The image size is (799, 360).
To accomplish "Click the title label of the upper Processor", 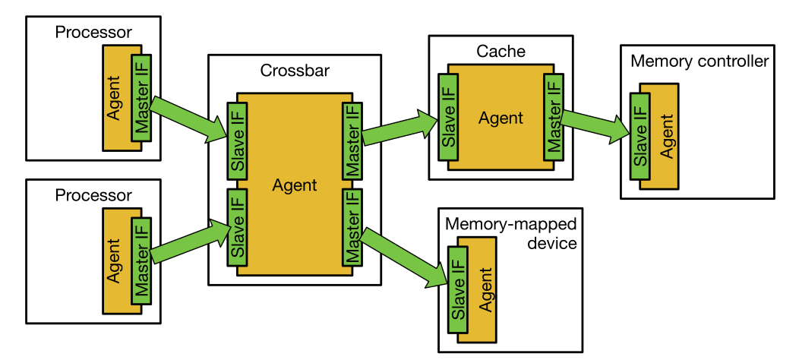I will point(93,32).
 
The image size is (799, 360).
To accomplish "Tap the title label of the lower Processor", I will point(93,195).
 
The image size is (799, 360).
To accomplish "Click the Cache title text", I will point(501,52).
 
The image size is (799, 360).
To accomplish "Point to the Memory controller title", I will point(700,61).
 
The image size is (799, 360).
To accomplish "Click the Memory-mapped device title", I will point(510,234).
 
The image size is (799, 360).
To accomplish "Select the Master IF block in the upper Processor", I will point(141,98).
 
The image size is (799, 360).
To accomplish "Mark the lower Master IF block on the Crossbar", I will point(352,227).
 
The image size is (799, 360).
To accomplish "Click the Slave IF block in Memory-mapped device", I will point(458,289).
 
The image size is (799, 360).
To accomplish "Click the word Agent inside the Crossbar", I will point(295,185).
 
